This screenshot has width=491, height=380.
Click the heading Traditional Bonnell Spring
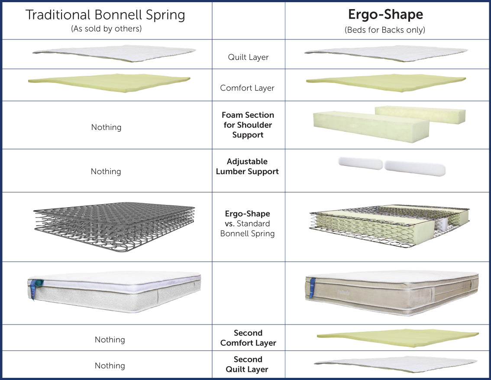(106, 15)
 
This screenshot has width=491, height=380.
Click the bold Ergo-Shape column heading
(385, 15)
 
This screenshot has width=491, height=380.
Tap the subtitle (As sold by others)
(106, 29)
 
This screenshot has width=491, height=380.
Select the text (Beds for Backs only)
(385, 30)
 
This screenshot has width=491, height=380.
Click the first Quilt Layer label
(248, 57)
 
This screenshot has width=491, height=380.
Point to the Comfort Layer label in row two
(247, 88)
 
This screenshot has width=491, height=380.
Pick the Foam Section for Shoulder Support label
(248, 125)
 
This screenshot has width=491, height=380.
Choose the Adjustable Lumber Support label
(247, 166)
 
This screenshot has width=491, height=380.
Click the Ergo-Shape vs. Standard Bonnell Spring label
(247, 224)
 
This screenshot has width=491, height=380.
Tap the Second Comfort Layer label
(248, 338)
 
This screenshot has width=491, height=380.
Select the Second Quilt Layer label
(248, 364)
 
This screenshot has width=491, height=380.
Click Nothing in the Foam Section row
(106, 127)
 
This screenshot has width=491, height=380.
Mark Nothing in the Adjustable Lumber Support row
(106, 172)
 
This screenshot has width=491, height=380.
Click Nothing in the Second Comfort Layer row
(110, 340)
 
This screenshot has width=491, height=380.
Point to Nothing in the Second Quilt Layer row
(110, 366)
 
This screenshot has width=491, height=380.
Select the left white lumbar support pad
(360, 163)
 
